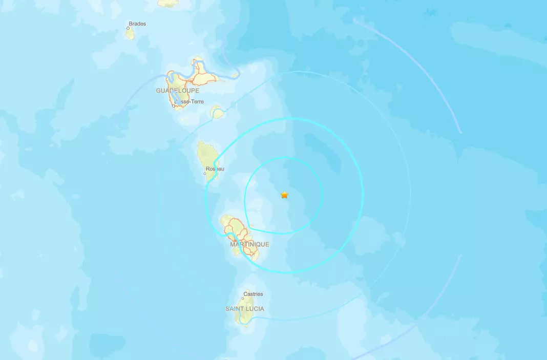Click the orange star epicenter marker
284,195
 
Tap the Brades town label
137,24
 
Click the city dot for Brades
128,29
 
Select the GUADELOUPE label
177,90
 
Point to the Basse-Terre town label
190,101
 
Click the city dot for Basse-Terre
174,105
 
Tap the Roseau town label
215,168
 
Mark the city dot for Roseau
205,173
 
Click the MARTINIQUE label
249,244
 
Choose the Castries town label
253,294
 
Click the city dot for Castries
244,299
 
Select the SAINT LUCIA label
245,309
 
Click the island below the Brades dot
130,34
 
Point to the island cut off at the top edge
167,3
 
